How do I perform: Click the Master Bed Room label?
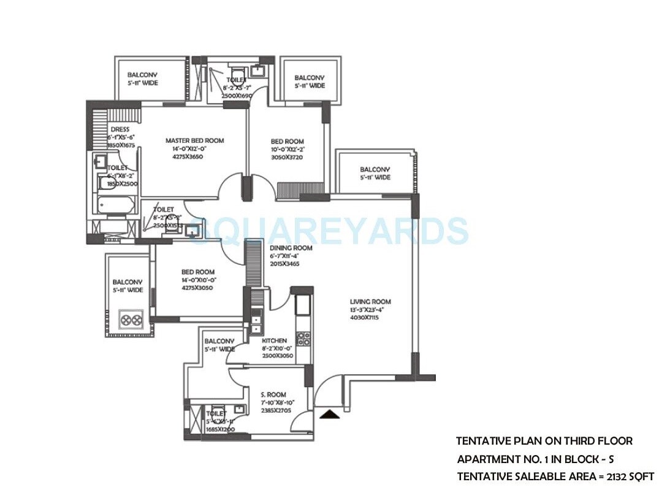194,140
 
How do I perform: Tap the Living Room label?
370,302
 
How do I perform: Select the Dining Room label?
291,248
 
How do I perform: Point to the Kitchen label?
274,340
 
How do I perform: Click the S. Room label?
273,395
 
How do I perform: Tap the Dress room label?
120,129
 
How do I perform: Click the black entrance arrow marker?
330,415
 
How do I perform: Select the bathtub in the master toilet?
116,205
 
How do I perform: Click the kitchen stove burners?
303,339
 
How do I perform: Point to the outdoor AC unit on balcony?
131,320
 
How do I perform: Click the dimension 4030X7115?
370,318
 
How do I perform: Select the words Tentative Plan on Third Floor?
544,441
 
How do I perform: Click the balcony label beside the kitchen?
219,341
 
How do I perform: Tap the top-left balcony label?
142,75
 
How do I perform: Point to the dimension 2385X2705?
273,412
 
